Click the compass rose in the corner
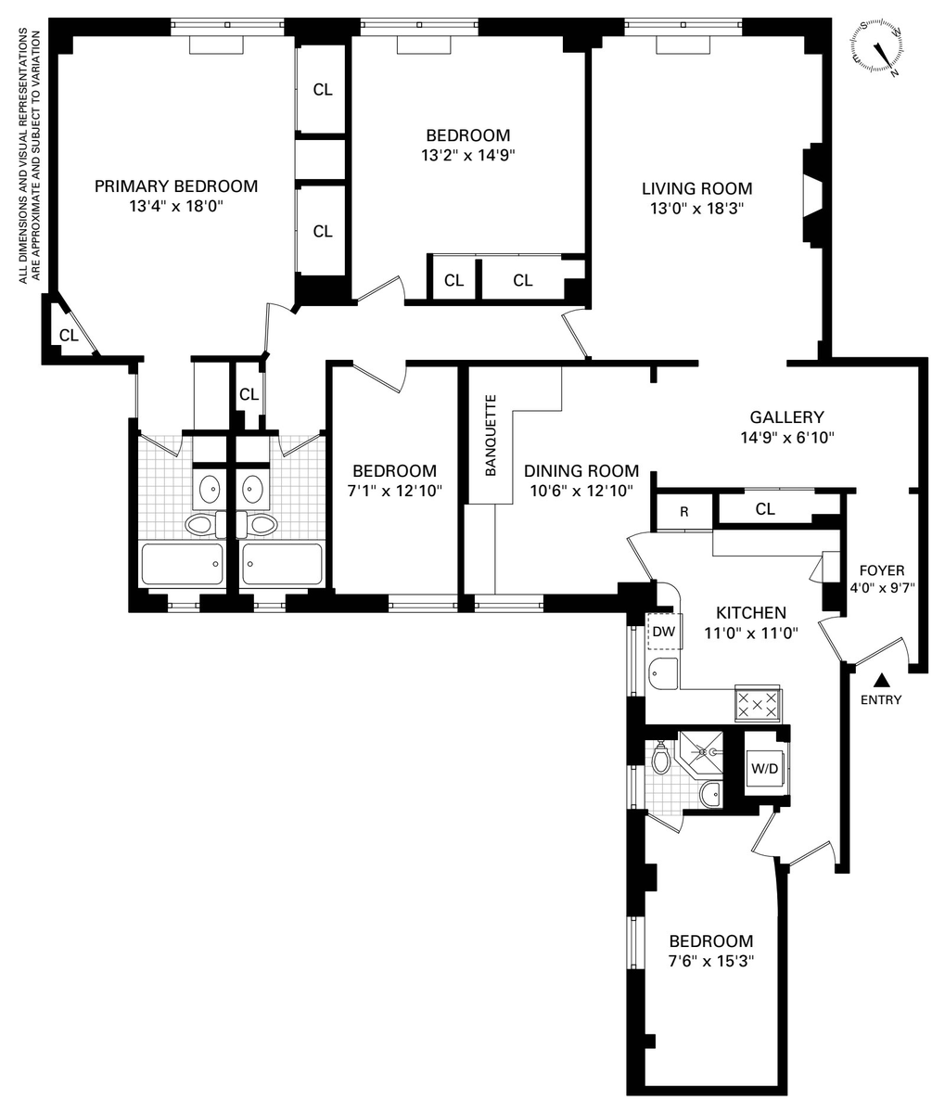pyautogui.click(x=877, y=47)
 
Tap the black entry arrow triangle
pyautogui.click(x=881, y=681)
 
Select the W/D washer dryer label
pyautogui.click(x=764, y=768)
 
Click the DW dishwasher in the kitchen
pyautogui.click(x=664, y=631)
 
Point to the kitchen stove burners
pyautogui.click(x=758, y=704)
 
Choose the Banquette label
pyautogui.click(x=490, y=436)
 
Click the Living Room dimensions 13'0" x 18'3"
pyautogui.click(x=696, y=209)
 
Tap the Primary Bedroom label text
pyautogui.click(x=176, y=186)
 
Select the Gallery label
pyautogui.click(x=786, y=417)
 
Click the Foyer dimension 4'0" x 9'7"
pyautogui.click(x=882, y=587)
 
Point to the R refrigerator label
pyautogui.click(x=683, y=512)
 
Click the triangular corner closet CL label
pyautogui.click(x=69, y=336)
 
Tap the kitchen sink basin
pyautogui.click(x=663, y=673)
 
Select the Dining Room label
pyautogui.click(x=581, y=470)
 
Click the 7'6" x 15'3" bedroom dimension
pyautogui.click(x=710, y=961)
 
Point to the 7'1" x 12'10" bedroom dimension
pyautogui.click(x=395, y=491)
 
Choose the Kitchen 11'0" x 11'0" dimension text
pyautogui.click(x=751, y=633)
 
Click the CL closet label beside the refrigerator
pyautogui.click(x=765, y=509)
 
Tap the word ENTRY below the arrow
pyautogui.click(x=881, y=700)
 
